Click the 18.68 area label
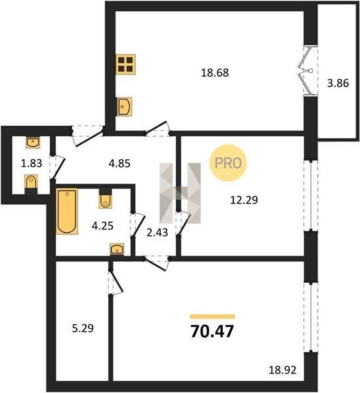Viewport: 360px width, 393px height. tap(215, 73)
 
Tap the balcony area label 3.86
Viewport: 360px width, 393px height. tap(338, 83)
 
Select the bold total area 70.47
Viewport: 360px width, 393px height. tap(212, 331)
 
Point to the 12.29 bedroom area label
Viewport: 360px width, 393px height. tap(244, 200)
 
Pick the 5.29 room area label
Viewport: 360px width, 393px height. tap(83, 328)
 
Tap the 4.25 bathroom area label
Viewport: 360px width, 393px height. tap(102, 226)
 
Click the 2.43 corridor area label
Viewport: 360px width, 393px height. tap(157, 233)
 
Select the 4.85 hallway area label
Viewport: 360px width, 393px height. tap(119, 163)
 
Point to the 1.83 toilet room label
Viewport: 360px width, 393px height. tap(31, 163)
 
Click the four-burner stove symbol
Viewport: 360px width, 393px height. tap(125, 64)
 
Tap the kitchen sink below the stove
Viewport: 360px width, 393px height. tap(124, 107)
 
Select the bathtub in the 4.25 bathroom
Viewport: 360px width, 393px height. tap(67, 212)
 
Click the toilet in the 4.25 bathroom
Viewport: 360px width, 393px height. tap(106, 198)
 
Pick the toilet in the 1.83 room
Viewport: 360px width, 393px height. tap(31, 183)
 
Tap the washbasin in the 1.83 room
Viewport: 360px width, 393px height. tap(33, 142)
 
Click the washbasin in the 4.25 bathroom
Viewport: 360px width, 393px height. tap(117, 249)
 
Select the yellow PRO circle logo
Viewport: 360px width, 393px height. tap(228, 163)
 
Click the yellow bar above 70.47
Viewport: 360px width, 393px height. tap(212, 316)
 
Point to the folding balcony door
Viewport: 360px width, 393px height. tap(308, 71)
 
